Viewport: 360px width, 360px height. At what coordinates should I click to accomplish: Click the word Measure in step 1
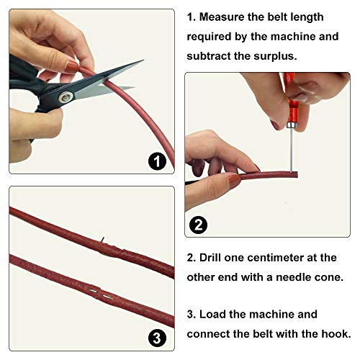point(230,17)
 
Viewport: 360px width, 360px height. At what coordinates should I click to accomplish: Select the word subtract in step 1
point(212,54)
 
